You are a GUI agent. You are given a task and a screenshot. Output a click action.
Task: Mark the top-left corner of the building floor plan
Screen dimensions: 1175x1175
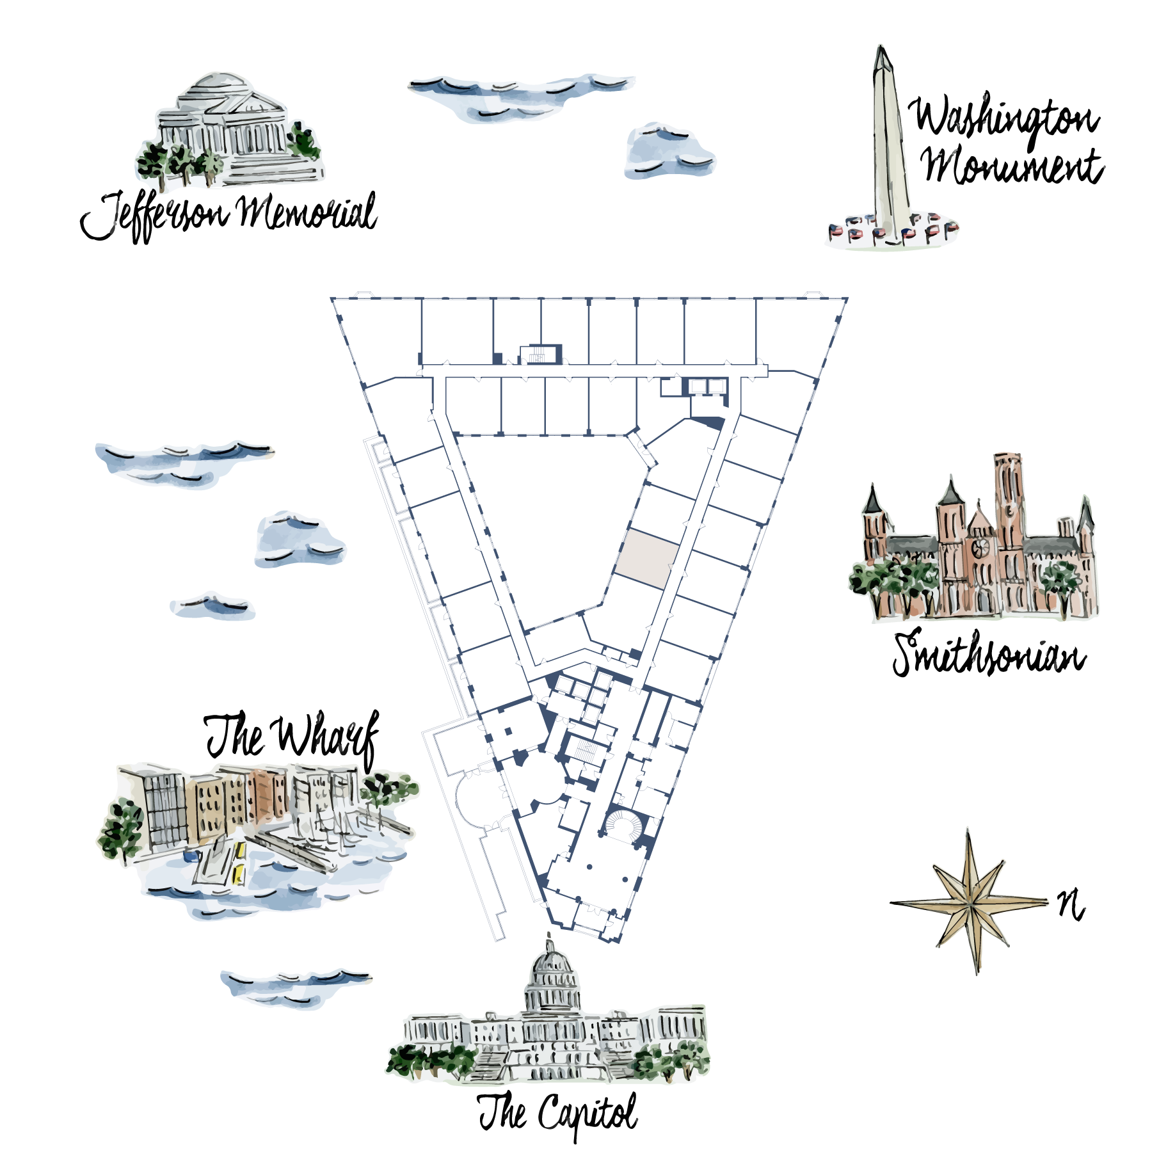pos(332,298)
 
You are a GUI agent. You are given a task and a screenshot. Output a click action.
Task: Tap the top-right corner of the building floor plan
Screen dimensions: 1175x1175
pos(847,298)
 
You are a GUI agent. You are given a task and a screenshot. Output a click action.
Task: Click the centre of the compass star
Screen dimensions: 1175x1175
pos(970,903)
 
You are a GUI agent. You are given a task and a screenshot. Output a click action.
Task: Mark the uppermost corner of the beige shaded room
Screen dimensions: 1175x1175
pos(627,529)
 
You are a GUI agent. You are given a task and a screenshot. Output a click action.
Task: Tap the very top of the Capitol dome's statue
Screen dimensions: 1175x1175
pos(548,932)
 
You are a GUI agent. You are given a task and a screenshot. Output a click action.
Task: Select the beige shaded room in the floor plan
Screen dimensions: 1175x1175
pos(647,559)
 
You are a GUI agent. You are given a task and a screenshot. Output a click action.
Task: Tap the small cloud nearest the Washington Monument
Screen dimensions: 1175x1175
pos(669,151)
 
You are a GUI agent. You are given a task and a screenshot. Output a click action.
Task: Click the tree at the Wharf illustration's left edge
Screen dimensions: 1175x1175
pos(121,829)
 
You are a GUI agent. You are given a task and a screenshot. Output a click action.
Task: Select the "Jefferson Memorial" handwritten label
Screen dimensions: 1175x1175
pos(228,216)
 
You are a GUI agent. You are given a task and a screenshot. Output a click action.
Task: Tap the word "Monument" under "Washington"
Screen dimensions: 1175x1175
pos(1013,166)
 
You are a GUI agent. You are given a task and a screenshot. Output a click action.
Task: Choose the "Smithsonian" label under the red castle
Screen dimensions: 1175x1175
pos(989,653)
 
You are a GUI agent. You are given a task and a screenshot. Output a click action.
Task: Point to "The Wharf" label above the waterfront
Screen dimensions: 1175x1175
pos(292,737)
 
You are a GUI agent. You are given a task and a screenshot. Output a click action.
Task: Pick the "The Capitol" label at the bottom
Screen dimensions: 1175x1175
pos(558,1114)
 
